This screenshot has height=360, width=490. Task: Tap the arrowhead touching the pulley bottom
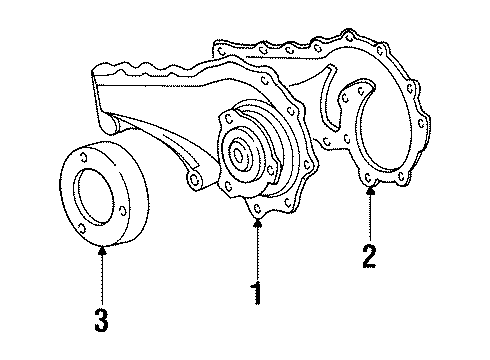pos(103,249)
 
